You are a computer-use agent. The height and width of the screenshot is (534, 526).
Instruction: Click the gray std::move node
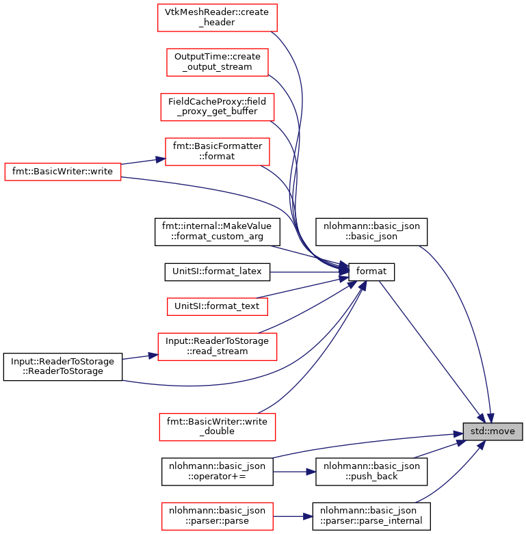pos(492,431)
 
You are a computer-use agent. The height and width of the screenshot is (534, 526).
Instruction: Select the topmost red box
pos(217,18)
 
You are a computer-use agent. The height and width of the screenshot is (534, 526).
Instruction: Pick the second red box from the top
pos(217,62)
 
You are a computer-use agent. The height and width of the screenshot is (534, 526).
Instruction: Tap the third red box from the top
pos(217,107)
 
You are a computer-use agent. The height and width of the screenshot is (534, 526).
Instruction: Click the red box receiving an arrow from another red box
pos(217,152)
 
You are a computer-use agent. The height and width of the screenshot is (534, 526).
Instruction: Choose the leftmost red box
pos(62,172)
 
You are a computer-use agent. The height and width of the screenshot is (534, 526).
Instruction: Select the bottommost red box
pos(217,516)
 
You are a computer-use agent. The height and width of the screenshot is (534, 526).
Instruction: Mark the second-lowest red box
pos(217,427)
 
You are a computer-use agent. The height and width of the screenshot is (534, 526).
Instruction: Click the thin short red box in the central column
pos(217,306)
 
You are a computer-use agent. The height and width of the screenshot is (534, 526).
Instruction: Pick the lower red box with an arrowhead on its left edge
pos(217,347)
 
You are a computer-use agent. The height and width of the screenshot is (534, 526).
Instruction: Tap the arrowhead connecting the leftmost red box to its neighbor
pos(160,159)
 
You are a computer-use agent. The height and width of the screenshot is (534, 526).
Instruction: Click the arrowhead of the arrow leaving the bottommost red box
pos(308,516)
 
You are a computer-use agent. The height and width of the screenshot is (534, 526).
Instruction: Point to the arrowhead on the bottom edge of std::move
pos(481,445)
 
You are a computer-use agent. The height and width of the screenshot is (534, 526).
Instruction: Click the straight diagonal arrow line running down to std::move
pos(431,349)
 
